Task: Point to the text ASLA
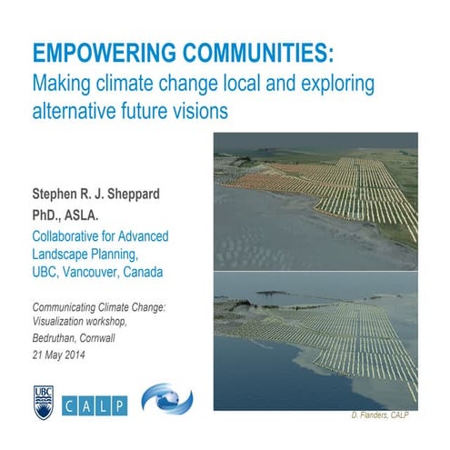(95, 215)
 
